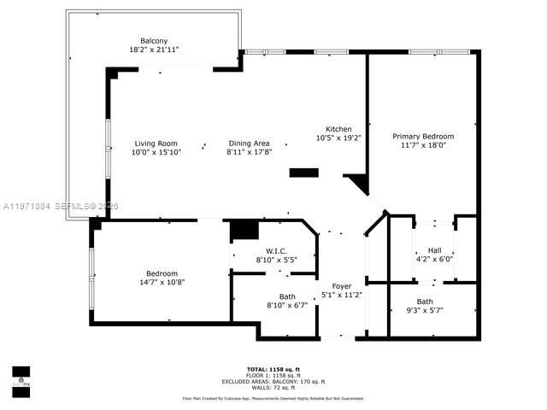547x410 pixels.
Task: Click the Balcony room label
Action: tap(155, 40)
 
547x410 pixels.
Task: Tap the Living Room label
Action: tap(155, 143)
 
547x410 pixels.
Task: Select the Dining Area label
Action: tap(249, 143)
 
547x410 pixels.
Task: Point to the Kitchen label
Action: tap(339, 128)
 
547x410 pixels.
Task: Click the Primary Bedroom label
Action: tap(423, 136)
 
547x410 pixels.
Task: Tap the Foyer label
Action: tap(342, 286)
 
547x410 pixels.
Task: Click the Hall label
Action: tap(433, 250)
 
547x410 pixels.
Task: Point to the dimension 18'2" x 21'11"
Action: tap(155, 50)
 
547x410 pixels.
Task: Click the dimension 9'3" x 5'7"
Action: tap(424, 310)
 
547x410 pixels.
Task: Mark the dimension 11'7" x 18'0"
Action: tap(423, 145)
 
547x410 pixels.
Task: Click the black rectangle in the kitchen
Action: tap(303, 173)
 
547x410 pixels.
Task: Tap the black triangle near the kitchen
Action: tap(359, 183)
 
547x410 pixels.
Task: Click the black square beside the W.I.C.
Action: tap(244, 230)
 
